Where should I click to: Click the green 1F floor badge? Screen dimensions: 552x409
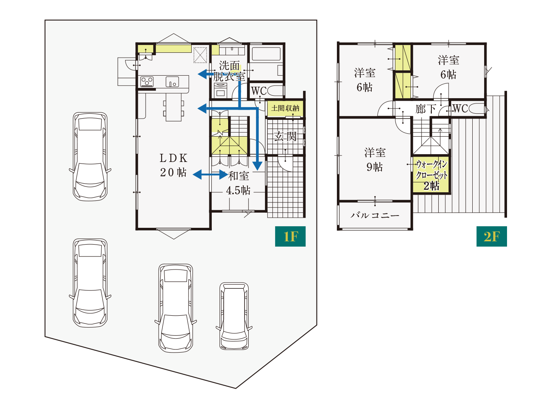point(290,236)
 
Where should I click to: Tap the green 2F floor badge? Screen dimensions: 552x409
point(491,236)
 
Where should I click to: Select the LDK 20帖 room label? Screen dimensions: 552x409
point(173,165)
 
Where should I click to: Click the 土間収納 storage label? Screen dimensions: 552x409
point(285,108)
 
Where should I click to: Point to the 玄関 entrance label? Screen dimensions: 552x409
point(285,137)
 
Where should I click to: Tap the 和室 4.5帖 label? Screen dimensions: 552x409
point(238,183)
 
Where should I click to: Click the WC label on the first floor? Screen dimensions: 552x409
point(258,91)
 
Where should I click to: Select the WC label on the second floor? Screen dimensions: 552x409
point(460,108)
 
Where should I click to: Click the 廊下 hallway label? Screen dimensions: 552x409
point(426,109)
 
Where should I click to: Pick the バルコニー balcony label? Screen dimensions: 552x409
point(375,215)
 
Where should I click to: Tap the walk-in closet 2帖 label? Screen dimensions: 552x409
point(431,175)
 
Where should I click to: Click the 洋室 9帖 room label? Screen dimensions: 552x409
point(375,160)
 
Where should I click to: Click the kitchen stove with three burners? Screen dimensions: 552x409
point(147,81)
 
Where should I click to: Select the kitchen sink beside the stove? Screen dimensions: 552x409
point(172,81)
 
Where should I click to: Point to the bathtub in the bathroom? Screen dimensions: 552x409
point(266,53)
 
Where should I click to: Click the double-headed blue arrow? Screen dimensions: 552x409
point(210,174)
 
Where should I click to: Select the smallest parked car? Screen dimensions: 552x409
point(234,316)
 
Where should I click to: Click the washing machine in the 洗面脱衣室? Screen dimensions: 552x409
point(220,90)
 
